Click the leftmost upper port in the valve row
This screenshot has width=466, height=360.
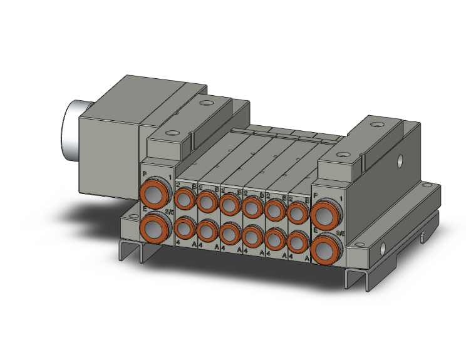point(184,200)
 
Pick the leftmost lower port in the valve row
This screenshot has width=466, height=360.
point(184,227)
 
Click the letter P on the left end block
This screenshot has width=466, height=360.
point(145,173)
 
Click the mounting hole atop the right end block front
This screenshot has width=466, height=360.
point(342,154)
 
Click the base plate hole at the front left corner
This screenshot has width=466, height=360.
point(132,217)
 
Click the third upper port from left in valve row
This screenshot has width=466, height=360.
point(229,203)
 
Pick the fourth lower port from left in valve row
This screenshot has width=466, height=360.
point(251,236)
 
